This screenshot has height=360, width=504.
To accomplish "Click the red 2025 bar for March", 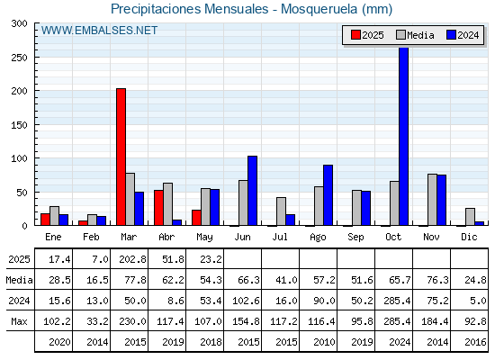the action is [x=121, y=157].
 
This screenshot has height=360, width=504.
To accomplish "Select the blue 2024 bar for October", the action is [x=404, y=136].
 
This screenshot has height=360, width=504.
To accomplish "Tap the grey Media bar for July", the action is [x=281, y=211].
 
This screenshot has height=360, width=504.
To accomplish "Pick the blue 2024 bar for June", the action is [x=252, y=191].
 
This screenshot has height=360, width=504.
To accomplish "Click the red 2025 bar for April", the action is [x=158, y=208].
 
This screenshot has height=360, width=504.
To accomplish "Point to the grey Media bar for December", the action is [x=470, y=217].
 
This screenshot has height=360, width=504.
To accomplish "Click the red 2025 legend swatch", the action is [x=355, y=35].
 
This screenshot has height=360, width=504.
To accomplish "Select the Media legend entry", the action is [x=415, y=35].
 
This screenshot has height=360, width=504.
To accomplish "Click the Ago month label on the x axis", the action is [x=318, y=238].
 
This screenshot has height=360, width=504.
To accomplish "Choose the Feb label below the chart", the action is [x=91, y=237].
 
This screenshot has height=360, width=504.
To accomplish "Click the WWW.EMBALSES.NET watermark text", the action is [x=99, y=31].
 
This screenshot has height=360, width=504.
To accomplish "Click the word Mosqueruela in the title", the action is [x=319, y=9].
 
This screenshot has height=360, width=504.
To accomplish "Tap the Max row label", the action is [x=19, y=321].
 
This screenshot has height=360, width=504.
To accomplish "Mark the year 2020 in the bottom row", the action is [x=59, y=342].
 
